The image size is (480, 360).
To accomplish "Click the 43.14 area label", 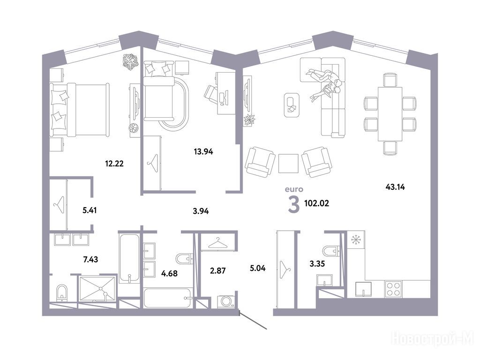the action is click(395, 187).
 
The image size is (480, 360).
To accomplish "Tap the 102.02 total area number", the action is click(316, 203).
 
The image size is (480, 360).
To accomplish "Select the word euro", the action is click(294, 189).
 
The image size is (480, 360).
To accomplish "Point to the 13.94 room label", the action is click(203, 151).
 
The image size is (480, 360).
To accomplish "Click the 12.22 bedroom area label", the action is click(114, 164).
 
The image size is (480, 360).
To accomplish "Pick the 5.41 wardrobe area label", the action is click(90, 210).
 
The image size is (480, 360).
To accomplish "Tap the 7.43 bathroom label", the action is click(90, 260).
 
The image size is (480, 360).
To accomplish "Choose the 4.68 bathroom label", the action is click(169, 273).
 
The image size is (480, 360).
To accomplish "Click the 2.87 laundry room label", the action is click(217, 270).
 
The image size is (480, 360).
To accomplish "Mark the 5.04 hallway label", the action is click(257, 269).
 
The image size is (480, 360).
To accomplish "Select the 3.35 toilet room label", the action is click(317, 263).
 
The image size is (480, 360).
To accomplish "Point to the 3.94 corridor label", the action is click(201, 211).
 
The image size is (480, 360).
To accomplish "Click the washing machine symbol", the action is click(226, 301).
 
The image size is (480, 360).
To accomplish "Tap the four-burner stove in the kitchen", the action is click(394, 288).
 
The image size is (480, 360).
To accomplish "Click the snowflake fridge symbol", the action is click(356, 240).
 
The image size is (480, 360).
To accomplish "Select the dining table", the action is click(390, 114).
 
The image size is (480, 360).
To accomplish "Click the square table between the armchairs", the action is click(288, 164).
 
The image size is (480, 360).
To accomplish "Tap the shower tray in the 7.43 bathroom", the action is click(97, 288).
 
